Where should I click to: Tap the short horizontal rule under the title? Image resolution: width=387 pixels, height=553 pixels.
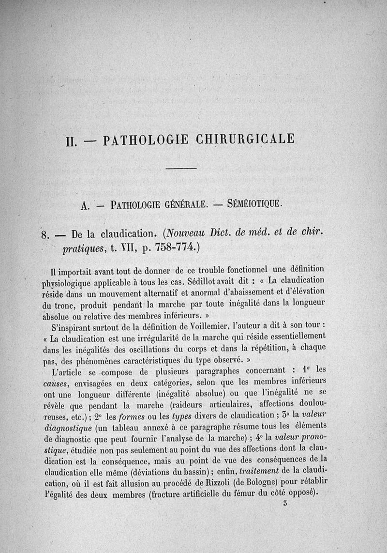click(181, 169)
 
